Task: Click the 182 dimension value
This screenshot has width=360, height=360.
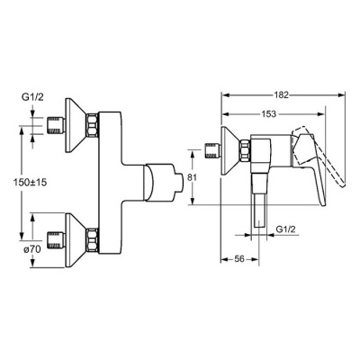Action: pyautogui.click(x=281, y=95)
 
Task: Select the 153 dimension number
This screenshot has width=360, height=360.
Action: pyautogui.click(x=268, y=114)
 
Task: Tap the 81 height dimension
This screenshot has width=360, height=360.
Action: pyautogui.click(x=192, y=177)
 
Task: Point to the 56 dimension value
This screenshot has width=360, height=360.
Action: pyautogui.click(x=239, y=259)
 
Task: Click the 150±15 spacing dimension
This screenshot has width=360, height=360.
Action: pyautogui.click(x=30, y=183)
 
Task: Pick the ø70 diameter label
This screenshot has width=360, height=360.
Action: pyautogui.click(x=31, y=249)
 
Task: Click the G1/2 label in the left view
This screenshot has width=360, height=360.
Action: pyautogui.click(x=32, y=97)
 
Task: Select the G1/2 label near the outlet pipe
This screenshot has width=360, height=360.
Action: pyautogui.click(x=285, y=229)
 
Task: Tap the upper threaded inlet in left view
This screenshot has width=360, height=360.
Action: pyautogui.click(x=57, y=125)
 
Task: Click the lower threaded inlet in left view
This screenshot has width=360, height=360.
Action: pyautogui.click(x=57, y=240)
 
